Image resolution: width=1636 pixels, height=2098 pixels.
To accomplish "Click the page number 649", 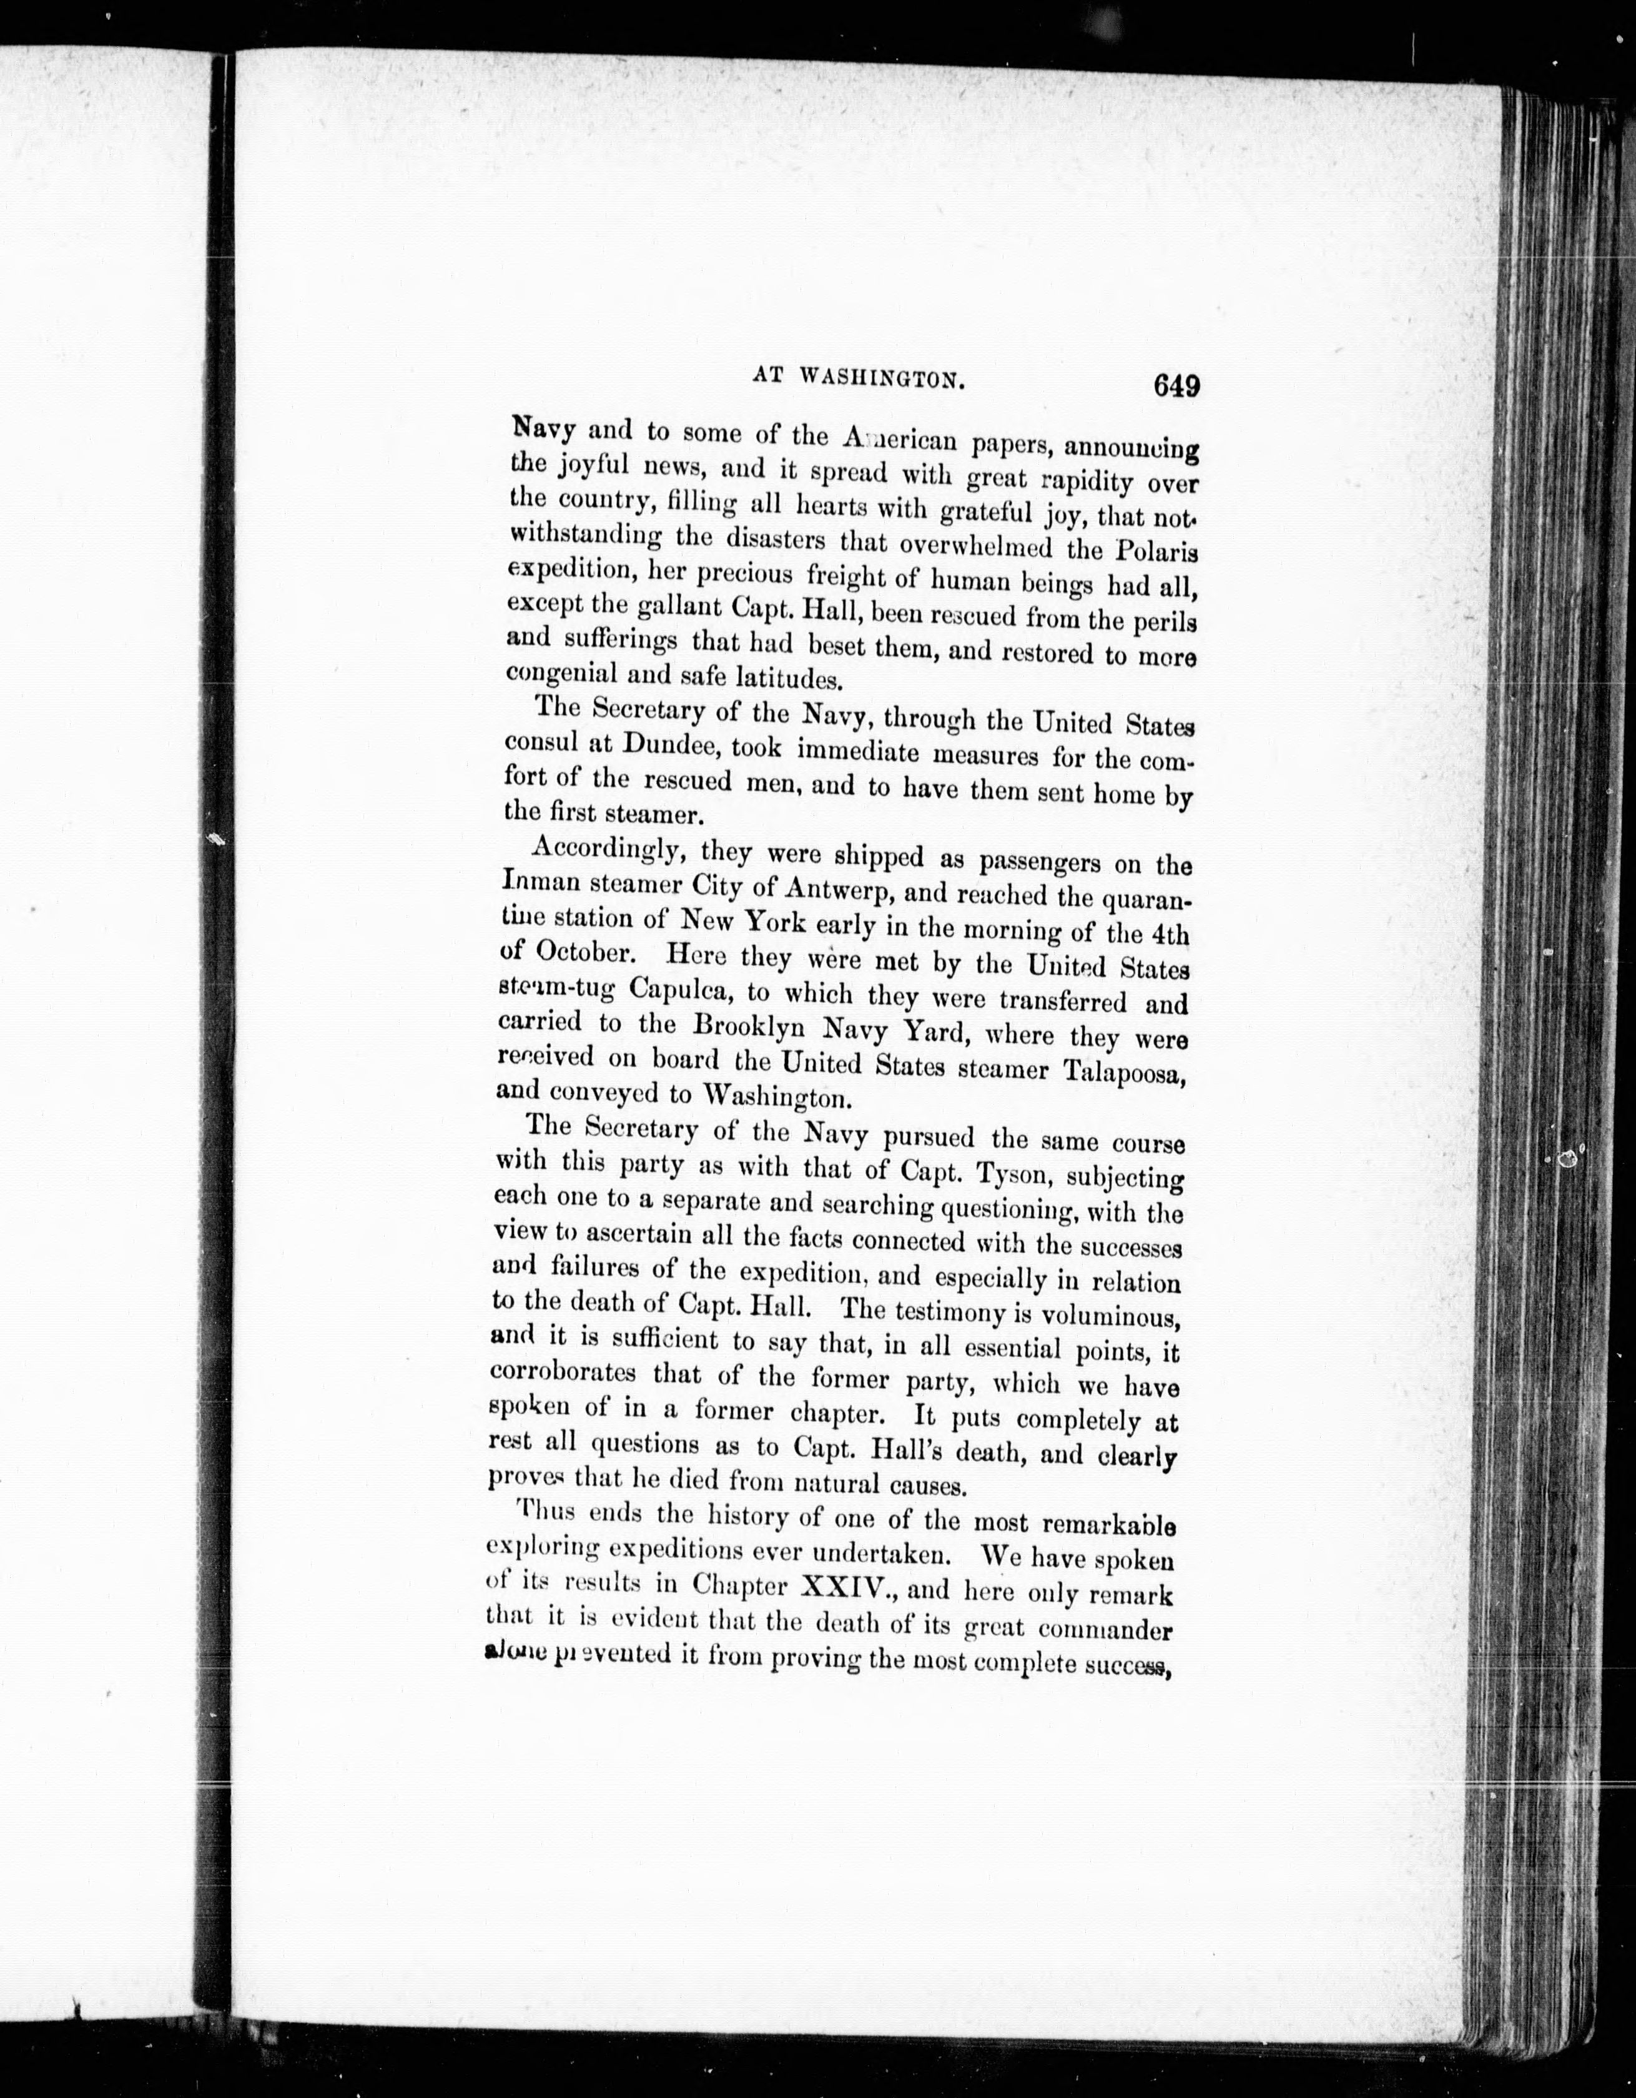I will point(1165,385).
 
